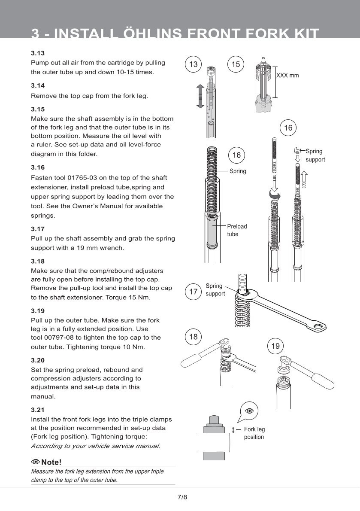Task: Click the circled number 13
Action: pos(194,64)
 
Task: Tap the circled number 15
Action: pos(236,64)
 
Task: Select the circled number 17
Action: pos(194,292)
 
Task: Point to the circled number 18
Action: pos(194,337)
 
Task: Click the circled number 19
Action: pos(275,346)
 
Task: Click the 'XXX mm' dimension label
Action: pos(287,75)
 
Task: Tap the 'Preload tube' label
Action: pos(237,230)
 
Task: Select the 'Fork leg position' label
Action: pos(254,433)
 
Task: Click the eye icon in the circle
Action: pos(249,411)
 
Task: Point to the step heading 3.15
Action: pos(38,109)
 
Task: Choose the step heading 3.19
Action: pos(38,310)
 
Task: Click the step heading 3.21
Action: pos(38,410)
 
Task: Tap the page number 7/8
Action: pos(182,497)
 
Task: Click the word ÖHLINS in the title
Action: pos(136,33)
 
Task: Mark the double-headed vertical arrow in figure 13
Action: pos(200,97)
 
